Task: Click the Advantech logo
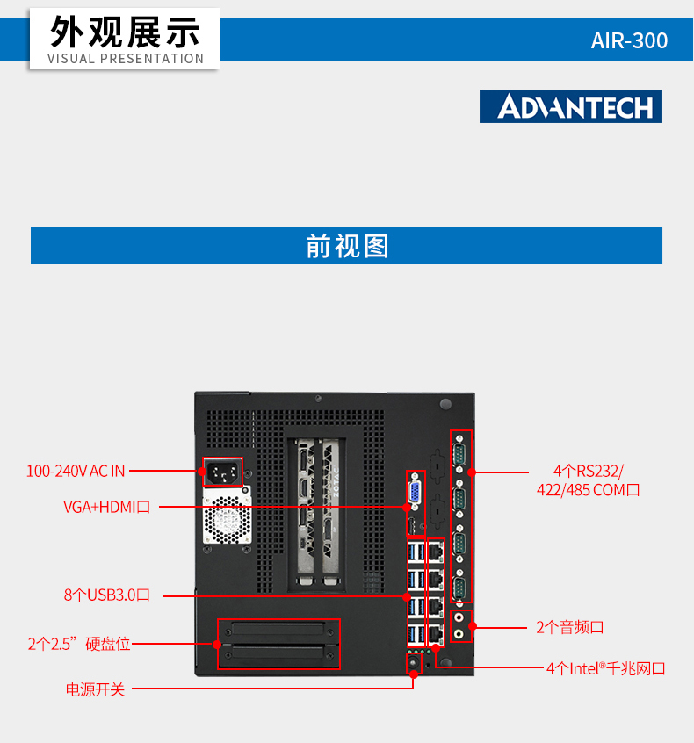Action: coord(571,106)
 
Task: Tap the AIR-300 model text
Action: coord(629,40)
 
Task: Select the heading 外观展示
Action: coord(125,32)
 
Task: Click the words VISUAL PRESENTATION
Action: coord(126,59)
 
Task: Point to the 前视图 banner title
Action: coord(347,246)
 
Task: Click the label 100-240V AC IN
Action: coord(76,471)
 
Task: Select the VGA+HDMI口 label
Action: coord(106,507)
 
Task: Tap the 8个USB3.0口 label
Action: coord(106,595)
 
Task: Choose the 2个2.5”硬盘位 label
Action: coord(79,644)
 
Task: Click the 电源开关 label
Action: coord(95,689)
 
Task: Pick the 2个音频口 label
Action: coord(570,627)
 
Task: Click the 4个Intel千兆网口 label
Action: coord(606,668)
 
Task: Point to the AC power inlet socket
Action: coord(223,472)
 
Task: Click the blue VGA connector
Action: coord(415,492)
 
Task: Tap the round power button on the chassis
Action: coord(414,662)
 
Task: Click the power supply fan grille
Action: coord(227,520)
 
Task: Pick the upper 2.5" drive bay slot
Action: coord(278,631)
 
